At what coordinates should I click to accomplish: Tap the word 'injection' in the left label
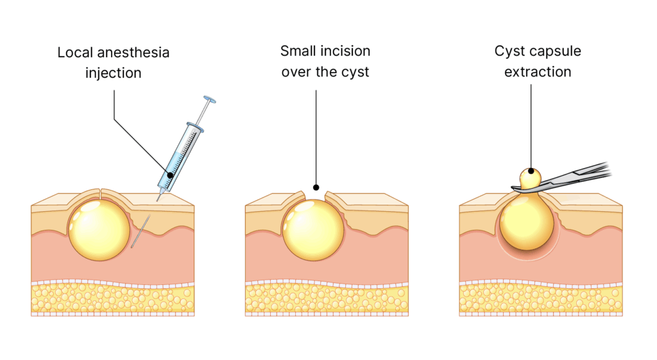tap(113, 73)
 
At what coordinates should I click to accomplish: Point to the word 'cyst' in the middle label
tap(355, 72)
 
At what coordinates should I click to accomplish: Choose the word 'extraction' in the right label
tap(538, 72)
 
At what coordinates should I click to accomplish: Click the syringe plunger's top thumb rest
tap(209, 99)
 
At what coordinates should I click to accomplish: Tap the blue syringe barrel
tap(182, 153)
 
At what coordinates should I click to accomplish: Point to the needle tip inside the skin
tap(134, 245)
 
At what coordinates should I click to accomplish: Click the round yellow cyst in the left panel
tap(100, 227)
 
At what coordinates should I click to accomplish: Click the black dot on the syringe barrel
tap(169, 175)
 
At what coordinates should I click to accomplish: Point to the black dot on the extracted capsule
tap(531, 171)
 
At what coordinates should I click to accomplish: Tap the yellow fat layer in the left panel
tap(112, 299)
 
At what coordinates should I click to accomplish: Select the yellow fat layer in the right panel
tap(541, 299)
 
